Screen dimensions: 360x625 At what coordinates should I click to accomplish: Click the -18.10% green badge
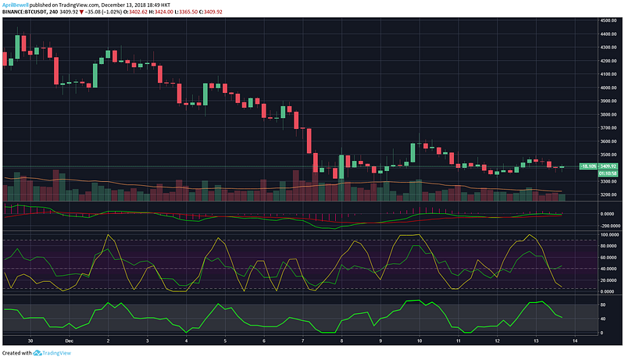pos(587,166)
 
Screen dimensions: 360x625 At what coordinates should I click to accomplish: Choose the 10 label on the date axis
pos(420,340)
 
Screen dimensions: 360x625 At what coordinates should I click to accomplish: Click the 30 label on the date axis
pos(30,340)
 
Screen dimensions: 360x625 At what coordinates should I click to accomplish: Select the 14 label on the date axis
pos(574,340)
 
